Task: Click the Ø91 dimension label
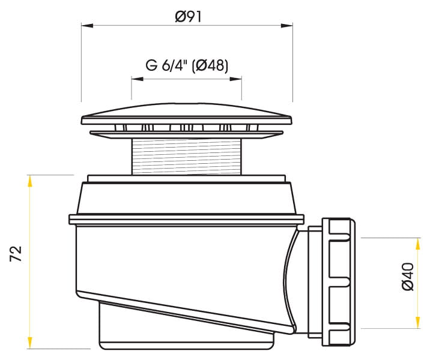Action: click(x=188, y=17)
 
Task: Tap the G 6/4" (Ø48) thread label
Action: click(x=187, y=66)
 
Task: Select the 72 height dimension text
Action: click(x=16, y=254)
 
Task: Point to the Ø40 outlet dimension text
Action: click(x=408, y=277)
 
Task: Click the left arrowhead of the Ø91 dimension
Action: click(x=87, y=25)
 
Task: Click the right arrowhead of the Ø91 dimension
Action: click(x=287, y=25)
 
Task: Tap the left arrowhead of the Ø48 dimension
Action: click(x=137, y=79)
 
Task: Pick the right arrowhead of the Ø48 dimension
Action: click(x=236, y=79)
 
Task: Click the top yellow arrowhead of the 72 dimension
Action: click(x=29, y=181)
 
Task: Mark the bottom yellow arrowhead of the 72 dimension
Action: click(x=29, y=343)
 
